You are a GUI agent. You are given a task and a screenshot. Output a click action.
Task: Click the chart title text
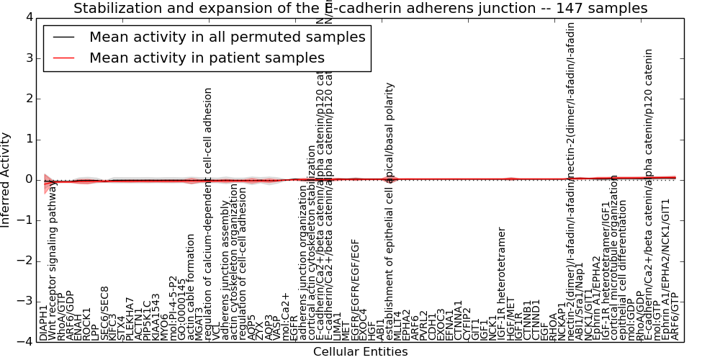tap(360, 8)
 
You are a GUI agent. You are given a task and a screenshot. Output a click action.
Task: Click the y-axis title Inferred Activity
tap(6, 179)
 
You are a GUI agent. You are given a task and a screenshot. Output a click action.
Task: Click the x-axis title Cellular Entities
tap(360, 351)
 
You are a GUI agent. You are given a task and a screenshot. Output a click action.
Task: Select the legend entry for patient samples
tap(207, 58)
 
